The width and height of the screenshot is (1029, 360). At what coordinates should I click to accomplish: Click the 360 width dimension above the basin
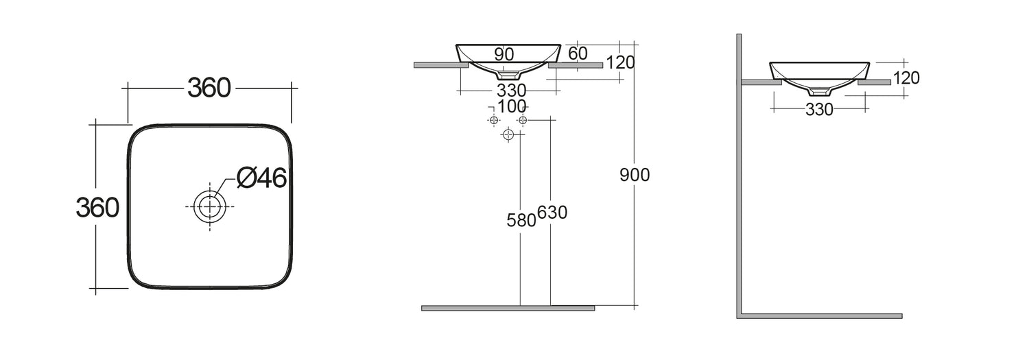click(x=209, y=88)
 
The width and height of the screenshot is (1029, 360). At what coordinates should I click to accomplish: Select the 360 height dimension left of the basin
click(x=97, y=206)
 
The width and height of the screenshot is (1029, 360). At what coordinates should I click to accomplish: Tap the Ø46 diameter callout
click(x=261, y=178)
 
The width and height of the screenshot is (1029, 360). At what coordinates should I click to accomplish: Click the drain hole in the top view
click(x=210, y=206)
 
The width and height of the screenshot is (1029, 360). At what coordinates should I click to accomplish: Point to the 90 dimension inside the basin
click(x=504, y=54)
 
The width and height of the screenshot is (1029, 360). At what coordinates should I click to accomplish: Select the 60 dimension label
click(x=578, y=53)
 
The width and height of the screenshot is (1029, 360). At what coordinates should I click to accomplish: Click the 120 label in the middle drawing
click(x=620, y=62)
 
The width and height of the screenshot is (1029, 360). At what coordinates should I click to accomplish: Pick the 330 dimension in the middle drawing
click(x=511, y=91)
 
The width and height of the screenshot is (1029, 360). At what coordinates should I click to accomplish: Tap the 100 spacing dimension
click(x=512, y=106)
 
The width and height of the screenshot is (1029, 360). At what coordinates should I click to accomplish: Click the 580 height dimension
click(x=521, y=220)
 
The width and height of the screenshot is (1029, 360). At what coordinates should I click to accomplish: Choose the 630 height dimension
click(x=552, y=213)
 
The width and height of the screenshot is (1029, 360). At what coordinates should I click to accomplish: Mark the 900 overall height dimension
click(x=634, y=175)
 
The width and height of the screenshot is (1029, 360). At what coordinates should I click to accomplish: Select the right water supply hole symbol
click(x=523, y=120)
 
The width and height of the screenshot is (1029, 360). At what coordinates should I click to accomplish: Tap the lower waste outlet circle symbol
click(x=508, y=134)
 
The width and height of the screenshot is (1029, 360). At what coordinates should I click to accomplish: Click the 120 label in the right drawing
click(x=906, y=78)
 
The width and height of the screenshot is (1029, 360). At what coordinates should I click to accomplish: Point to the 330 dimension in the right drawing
click(x=819, y=109)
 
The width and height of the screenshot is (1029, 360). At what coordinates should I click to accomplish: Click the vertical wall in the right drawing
click(x=740, y=171)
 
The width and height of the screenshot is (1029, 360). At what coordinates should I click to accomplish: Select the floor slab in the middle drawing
click(x=508, y=309)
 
